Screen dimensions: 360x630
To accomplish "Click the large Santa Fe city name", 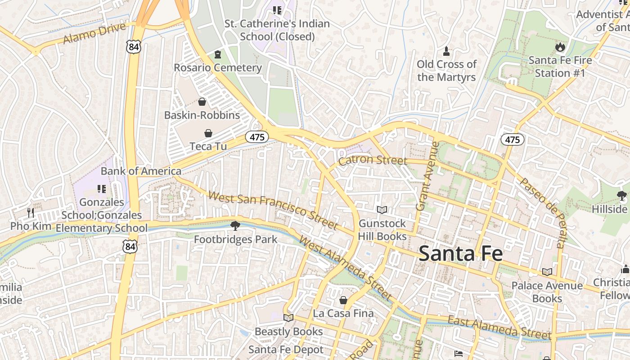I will pyautogui.click(x=460, y=254).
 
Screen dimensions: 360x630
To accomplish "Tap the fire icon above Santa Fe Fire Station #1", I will pyautogui.click(x=560, y=47).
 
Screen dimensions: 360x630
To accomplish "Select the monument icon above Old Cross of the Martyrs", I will pyautogui.click(x=446, y=51).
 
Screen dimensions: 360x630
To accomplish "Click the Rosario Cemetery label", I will pyautogui.click(x=218, y=67).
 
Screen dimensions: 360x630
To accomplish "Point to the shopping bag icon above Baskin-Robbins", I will pyautogui.click(x=202, y=102).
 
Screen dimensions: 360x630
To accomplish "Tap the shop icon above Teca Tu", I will pyautogui.click(x=208, y=133).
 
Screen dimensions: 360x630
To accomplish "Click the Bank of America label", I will pyautogui.click(x=141, y=171).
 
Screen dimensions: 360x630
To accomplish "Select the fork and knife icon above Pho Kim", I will pyautogui.click(x=31, y=212).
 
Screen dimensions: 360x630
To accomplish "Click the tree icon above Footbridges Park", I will pyautogui.click(x=235, y=225).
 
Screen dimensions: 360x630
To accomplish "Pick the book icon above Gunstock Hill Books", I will pyautogui.click(x=382, y=210).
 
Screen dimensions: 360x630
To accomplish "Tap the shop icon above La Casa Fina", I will pyautogui.click(x=343, y=300).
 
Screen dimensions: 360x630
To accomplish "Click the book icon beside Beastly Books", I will pyautogui.click(x=288, y=318).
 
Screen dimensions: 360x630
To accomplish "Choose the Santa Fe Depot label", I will pyautogui.click(x=286, y=350).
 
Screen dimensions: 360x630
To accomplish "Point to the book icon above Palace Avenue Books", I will pyautogui.click(x=547, y=272).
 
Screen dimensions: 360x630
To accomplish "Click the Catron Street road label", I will pyautogui.click(x=372, y=160).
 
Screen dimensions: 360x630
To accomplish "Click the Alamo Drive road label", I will pyautogui.click(x=94, y=33).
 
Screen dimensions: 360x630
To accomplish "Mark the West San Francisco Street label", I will pyautogui.click(x=273, y=210).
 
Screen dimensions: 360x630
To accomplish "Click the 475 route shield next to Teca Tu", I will pyautogui.click(x=257, y=137).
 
